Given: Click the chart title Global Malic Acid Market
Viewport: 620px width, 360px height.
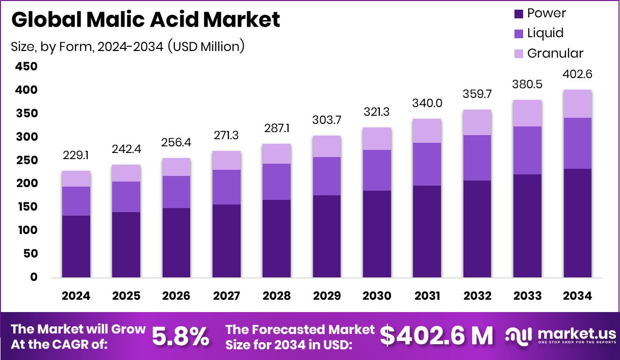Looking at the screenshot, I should pyautogui.click(x=145, y=20).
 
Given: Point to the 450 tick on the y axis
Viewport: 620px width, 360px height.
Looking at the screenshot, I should pyautogui.click(x=26, y=67).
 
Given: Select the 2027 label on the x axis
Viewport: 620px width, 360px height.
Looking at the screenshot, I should pyautogui.click(x=226, y=296).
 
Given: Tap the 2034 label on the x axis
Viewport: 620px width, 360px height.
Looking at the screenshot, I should pyautogui.click(x=578, y=296).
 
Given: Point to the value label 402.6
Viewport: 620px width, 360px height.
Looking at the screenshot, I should pyautogui.click(x=578, y=74).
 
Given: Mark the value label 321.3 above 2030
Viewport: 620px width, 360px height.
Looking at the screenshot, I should pyautogui.click(x=377, y=112).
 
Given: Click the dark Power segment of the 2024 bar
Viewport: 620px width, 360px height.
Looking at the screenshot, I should pyautogui.click(x=76, y=246).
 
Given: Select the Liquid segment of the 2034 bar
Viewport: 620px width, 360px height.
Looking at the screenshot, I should pyautogui.click(x=578, y=143).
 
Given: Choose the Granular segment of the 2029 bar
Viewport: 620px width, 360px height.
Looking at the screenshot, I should pyautogui.click(x=327, y=146).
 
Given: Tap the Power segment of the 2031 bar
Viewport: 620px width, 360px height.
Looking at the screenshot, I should pyautogui.click(x=427, y=232).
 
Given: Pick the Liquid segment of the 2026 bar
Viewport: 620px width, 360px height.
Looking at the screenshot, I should pyautogui.click(x=176, y=192).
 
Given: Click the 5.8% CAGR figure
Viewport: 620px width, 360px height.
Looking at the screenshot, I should pyautogui.click(x=180, y=336).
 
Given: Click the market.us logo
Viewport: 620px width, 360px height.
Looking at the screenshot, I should pyautogui.click(x=560, y=336).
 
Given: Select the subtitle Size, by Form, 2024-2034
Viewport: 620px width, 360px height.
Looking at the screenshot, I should pyautogui.click(x=127, y=46).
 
